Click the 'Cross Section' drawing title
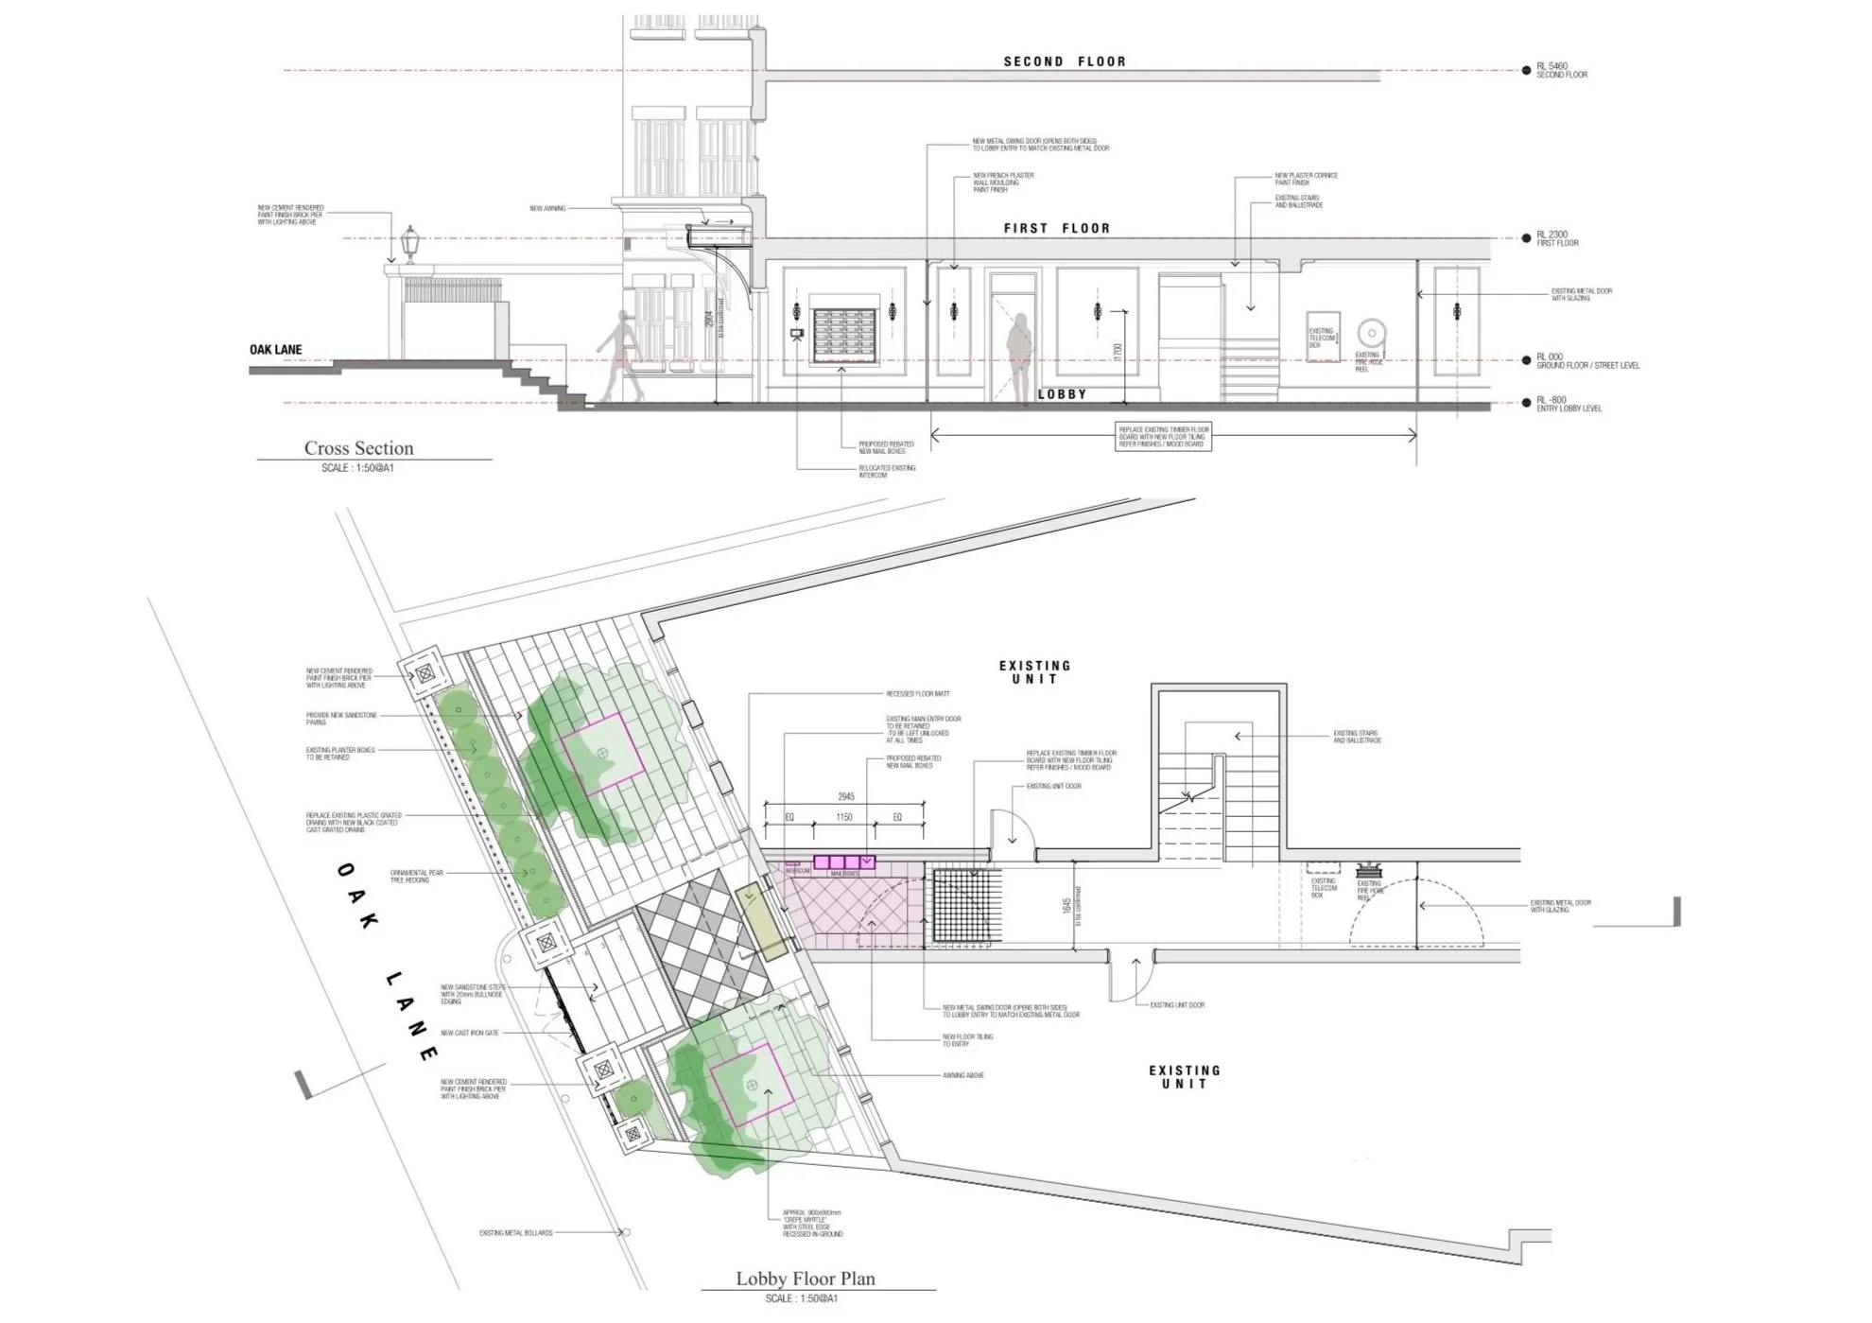point(358,448)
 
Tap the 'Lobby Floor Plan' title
point(806,1279)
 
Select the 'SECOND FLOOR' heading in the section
point(1065,61)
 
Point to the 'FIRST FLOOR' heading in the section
point(1057,228)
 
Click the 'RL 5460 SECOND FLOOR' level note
point(1561,70)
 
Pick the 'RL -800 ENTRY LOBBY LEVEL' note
point(1569,404)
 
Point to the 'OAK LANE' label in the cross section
point(276,350)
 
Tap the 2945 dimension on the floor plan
point(844,797)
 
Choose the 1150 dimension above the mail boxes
point(843,817)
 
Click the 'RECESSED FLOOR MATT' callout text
point(917,694)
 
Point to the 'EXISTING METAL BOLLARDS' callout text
point(515,1233)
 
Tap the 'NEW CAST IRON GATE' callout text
point(469,1033)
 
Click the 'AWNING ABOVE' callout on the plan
point(962,1075)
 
